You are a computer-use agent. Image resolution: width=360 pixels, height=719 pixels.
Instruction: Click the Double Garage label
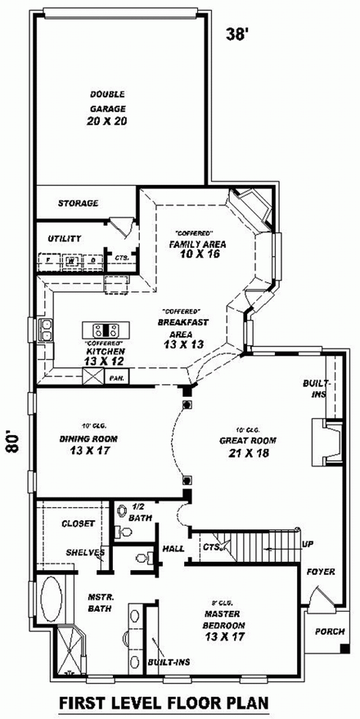pos(108,108)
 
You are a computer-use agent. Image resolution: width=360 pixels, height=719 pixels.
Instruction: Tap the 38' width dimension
pos(238,34)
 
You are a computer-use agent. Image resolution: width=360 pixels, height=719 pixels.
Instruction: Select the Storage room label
pos(78,203)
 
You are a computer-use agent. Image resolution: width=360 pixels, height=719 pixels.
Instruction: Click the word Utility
pos(64,238)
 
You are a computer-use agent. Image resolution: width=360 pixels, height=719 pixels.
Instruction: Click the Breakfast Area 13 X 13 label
pos(181,327)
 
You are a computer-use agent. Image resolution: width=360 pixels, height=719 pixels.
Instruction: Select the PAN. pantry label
pos(115,378)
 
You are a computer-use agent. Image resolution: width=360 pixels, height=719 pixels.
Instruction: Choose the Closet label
pos(79,522)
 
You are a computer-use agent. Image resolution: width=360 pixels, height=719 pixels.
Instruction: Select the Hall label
pos(173,549)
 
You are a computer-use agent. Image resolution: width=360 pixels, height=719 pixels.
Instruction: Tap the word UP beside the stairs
pos(308,544)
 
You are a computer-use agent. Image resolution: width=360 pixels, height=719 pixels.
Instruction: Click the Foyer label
pos(321,572)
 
